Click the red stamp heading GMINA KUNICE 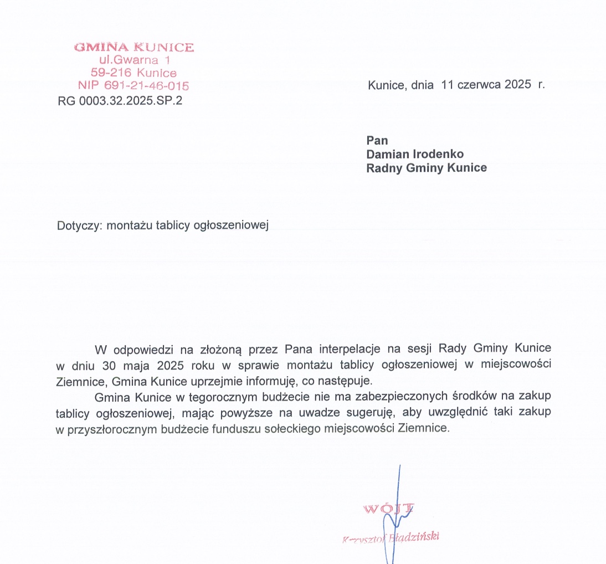coord(134,48)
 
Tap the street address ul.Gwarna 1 coord(134,60)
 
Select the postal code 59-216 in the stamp coord(111,73)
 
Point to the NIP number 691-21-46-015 coord(146,86)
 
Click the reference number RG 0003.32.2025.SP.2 coord(120,101)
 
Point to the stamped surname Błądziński coord(415,537)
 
